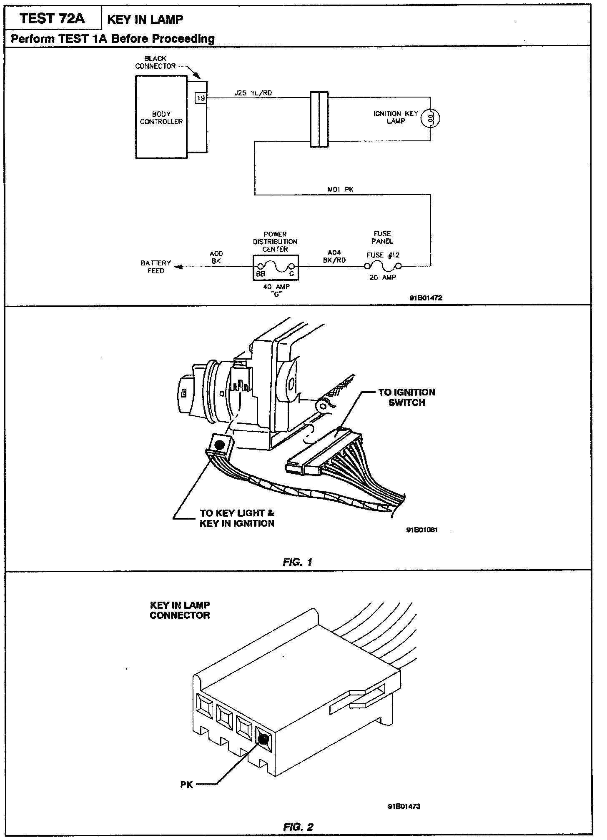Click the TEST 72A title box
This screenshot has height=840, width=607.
click(53, 19)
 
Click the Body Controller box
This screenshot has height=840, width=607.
click(161, 117)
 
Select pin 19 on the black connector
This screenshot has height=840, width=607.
click(201, 98)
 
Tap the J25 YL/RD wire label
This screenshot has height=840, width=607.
click(253, 93)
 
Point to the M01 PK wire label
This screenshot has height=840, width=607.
click(341, 190)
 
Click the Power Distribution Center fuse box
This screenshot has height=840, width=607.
click(276, 267)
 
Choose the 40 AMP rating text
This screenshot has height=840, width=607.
click(276, 287)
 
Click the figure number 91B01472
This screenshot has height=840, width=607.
click(425, 298)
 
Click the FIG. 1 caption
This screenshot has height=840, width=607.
click(297, 562)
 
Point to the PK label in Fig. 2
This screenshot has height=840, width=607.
click(186, 785)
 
